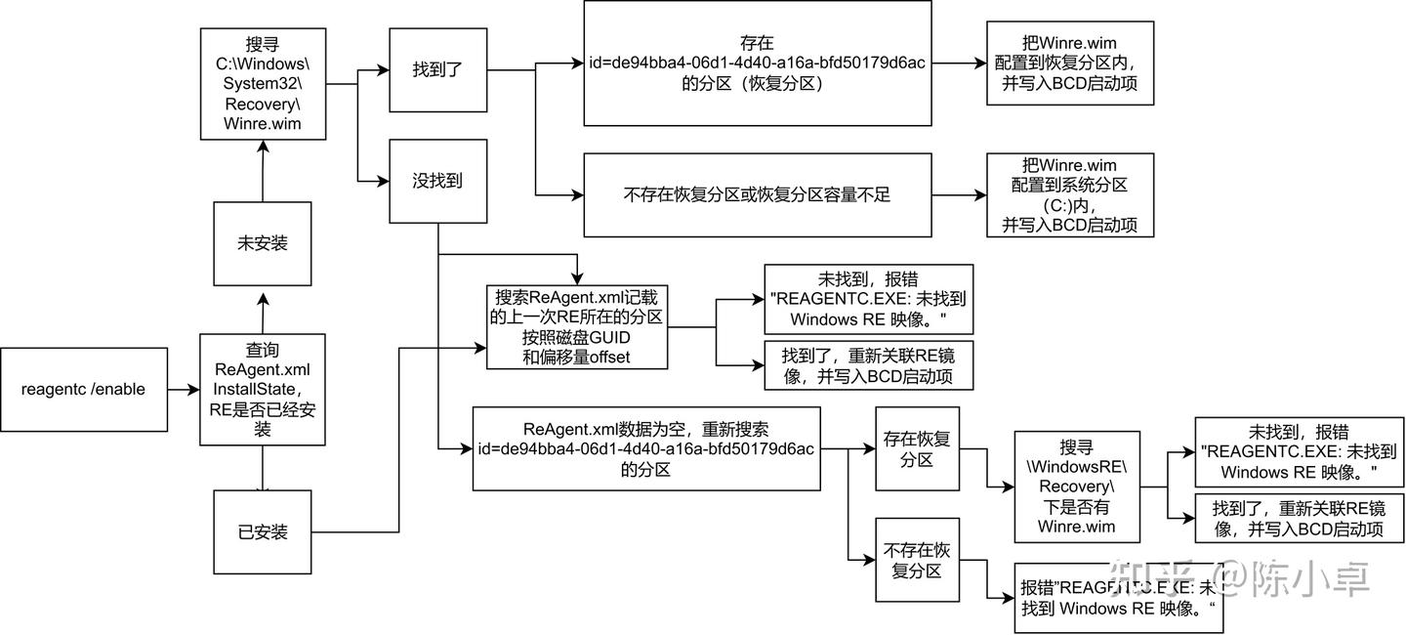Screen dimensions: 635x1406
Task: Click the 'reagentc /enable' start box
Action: (x=83, y=389)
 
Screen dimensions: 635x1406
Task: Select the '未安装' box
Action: (x=263, y=243)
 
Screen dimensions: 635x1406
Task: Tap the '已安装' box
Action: (x=263, y=532)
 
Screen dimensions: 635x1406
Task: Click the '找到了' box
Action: (x=437, y=70)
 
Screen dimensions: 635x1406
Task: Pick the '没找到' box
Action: (x=437, y=181)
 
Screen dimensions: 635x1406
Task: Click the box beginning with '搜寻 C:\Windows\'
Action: (x=262, y=84)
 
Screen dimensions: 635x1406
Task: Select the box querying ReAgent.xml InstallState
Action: (x=262, y=389)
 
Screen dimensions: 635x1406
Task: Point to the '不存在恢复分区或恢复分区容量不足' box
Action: (x=757, y=195)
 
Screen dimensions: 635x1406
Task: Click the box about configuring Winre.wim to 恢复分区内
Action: (x=1070, y=63)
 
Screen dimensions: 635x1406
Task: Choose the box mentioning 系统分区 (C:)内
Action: (x=1070, y=194)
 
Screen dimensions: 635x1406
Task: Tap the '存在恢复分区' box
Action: (x=917, y=447)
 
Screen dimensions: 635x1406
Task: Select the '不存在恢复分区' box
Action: (x=917, y=560)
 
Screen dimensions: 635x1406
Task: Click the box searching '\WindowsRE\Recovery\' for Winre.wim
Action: (x=1077, y=487)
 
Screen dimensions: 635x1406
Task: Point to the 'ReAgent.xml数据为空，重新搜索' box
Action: (x=645, y=448)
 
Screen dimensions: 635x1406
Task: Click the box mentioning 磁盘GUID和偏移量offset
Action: (x=577, y=326)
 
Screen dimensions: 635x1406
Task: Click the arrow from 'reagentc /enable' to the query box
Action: (x=183, y=389)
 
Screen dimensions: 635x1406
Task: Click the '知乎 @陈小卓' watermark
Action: (x=1260, y=578)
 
